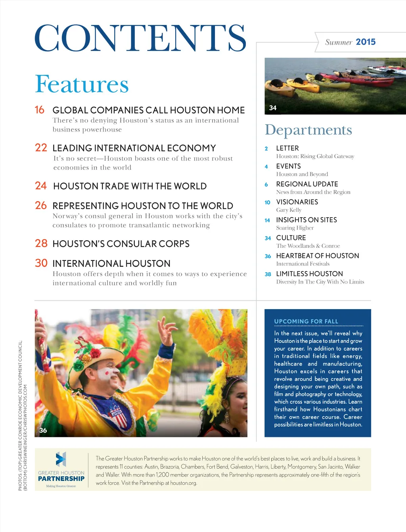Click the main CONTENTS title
click(140, 38)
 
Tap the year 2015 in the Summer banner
click(366, 42)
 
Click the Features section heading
click(82, 84)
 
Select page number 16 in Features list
click(40, 110)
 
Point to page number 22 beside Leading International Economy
click(41, 148)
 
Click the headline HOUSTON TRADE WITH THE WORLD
click(130, 186)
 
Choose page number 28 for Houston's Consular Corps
click(41, 243)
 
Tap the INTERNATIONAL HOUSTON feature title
click(111, 264)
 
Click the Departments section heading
click(308, 130)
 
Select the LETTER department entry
click(287, 148)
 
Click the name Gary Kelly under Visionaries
click(289, 210)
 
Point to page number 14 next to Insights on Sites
click(267, 220)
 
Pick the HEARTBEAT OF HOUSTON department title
click(317, 256)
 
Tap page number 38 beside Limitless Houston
click(268, 274)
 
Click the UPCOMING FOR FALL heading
click(306, 321)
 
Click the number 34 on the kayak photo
click(273, 108)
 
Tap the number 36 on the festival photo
click(43, 430)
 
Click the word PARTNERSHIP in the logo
click(61, 479)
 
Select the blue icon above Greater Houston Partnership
click(61, 459)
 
